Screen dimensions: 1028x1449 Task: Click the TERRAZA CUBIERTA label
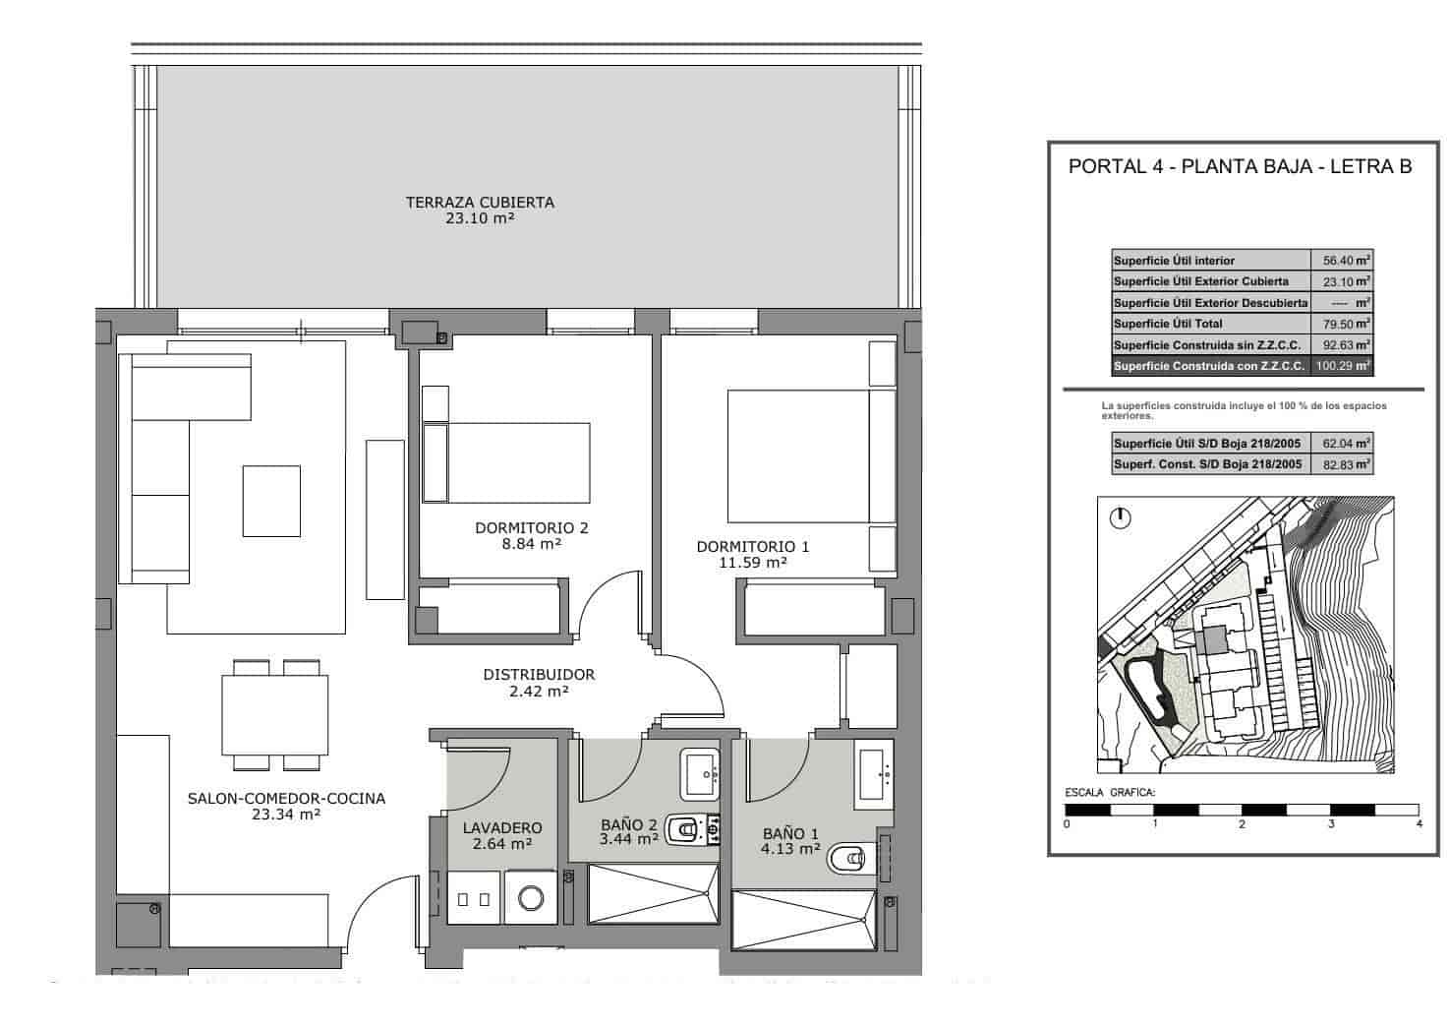click(x=480, y=203)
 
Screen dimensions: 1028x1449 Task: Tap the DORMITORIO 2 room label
click(x=531, y=528)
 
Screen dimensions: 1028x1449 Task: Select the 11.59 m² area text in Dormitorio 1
click(x=753, y=563)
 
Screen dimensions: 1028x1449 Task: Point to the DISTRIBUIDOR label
click(x=539, y=675)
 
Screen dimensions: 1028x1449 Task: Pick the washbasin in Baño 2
click(x=702, y=773)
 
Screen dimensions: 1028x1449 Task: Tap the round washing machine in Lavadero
click(x=532, y=897)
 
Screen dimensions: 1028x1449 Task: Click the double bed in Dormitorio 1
click(x=798, y=455)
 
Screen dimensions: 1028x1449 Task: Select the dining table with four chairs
click(x=274, y=714)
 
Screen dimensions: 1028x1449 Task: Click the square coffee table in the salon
click(x=272, y=501)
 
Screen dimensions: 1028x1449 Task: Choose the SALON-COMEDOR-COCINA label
click(x=286, y=799)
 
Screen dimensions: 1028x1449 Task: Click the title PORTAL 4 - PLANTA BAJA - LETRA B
click(x=1240, y=166)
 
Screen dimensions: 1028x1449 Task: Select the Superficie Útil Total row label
click(x=1168, y=324)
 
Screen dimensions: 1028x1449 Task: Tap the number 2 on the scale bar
click(x=1242, y=824)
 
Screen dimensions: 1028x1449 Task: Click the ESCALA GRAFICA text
click(x=1110, y=793)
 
